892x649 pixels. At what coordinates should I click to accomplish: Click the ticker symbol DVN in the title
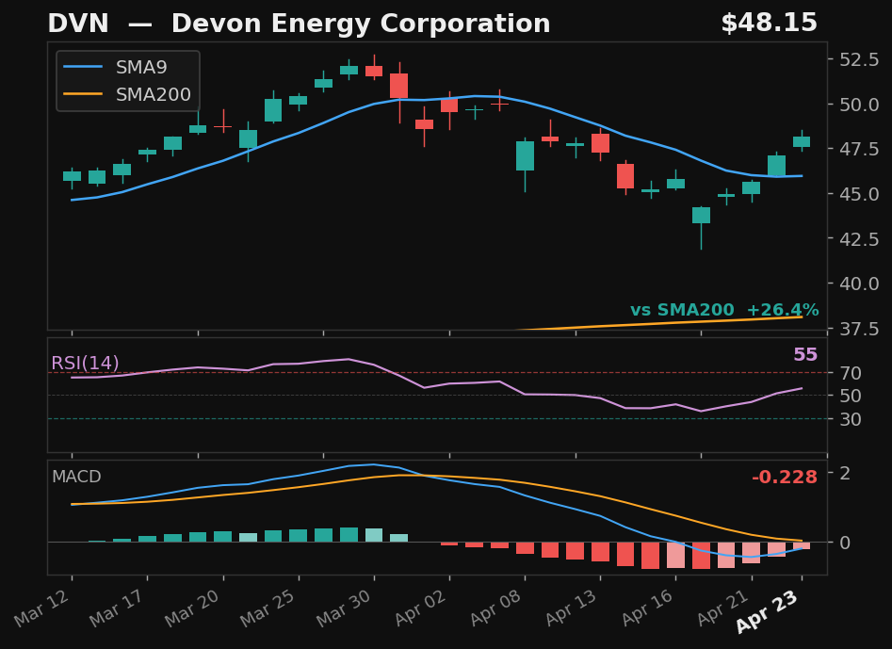pos(72,24)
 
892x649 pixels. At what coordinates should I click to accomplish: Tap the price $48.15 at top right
pos(769,24)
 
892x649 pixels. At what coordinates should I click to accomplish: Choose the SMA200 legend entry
pos(153,95)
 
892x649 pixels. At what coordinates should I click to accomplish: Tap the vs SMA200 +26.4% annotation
pos(723,310)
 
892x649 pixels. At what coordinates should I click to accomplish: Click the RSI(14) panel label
pos(85,364)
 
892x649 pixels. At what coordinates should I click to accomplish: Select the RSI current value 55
pos(804,355)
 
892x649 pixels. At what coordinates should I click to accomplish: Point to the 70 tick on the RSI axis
pos(850,373)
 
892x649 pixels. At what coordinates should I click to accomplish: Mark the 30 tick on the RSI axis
pos(850,418)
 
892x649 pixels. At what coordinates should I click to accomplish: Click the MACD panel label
pos(76,477)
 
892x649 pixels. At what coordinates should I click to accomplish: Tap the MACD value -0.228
pos(784,478)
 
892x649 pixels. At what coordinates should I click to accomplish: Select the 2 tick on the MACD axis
pos(844,473)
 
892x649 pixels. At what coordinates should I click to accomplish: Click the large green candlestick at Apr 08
pos(525,156)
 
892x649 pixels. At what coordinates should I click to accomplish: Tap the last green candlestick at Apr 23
pos(802,141)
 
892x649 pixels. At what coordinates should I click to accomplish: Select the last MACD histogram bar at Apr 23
pos(802,545)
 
